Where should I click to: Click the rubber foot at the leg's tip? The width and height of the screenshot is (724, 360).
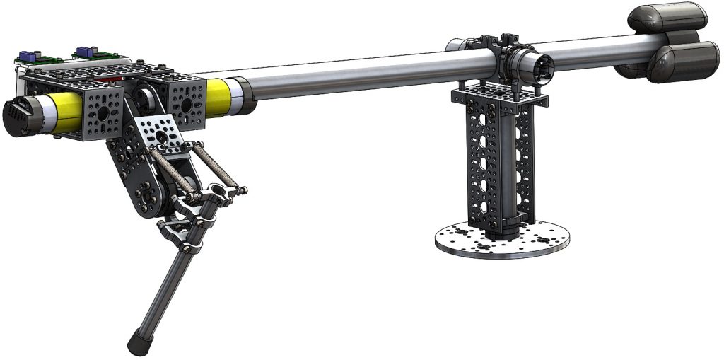tap(139, 342)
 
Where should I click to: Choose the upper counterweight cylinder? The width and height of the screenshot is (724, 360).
tap(670, 17)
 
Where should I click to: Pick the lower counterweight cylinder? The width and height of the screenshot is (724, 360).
tap(682, 61)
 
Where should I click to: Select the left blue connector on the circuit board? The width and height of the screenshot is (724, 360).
tap(29, 55)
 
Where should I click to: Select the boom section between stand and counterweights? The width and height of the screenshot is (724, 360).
tap(594, 50)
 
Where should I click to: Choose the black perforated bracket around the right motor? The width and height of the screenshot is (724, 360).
tap(185, 105)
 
